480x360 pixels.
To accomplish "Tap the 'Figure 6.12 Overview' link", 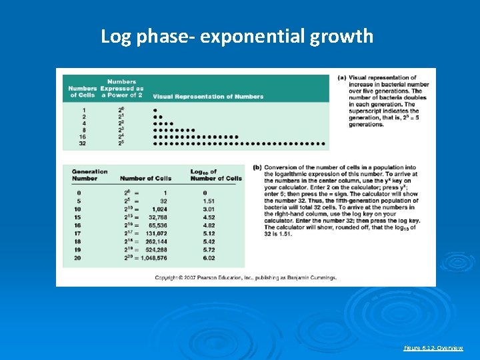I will click(x=434, y=348).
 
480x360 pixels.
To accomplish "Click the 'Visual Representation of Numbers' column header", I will click(x=208, y=96).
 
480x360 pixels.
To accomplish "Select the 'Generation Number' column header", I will click(x=89, y=175).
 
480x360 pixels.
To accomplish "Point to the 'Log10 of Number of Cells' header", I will click(x=216, y=175).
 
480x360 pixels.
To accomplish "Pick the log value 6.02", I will click(x=209, y=257).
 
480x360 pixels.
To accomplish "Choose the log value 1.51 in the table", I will click(x=209, y=200).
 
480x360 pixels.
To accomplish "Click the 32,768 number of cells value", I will click(x=157, y=217).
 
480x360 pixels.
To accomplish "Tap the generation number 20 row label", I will click(x=77, y=257).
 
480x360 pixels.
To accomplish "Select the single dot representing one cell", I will click(x=155, y=109).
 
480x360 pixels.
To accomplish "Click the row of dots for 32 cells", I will click(x=239, y=143).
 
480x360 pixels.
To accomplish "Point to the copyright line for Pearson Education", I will click(x=245, y=277).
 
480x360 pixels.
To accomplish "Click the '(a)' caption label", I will click(x=342, y=78).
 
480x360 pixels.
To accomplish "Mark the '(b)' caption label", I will click(x=257, y=167).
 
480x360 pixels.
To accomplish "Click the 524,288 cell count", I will click(x=157, y=249).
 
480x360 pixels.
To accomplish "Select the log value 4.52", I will click(x=209, y=217).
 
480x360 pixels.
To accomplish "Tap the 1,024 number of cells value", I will click(x=159, y=209).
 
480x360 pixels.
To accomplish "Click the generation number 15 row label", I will click(x=77, y=217).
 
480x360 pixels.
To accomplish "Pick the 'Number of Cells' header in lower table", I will click(x=145, y=178).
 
